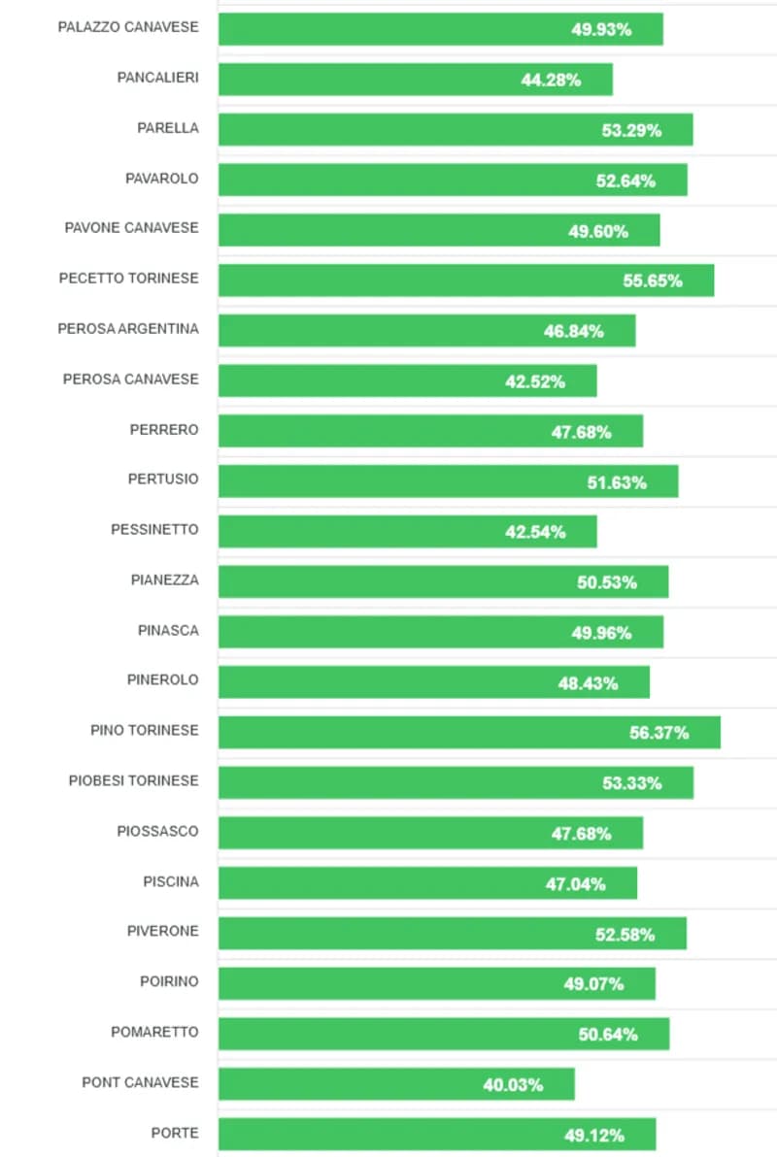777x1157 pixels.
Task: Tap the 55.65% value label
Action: point(653,281)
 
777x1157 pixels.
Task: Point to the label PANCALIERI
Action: point(157,78)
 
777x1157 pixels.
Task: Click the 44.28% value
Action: point(551,80)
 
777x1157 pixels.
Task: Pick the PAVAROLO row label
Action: point(161,179)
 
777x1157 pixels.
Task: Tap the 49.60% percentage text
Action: point(598,231)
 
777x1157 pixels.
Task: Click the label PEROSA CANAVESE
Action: point(130,380)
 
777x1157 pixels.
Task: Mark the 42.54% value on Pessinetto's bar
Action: point(535,532)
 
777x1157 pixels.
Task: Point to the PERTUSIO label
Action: point(162,479)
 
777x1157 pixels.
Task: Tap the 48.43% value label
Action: point(588,683)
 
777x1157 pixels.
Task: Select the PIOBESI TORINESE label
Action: point(133,781)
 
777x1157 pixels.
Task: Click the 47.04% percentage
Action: point(575,883)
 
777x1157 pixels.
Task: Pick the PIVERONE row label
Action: point(162,932)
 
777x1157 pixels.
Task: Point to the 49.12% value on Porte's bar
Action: point(594,1135)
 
